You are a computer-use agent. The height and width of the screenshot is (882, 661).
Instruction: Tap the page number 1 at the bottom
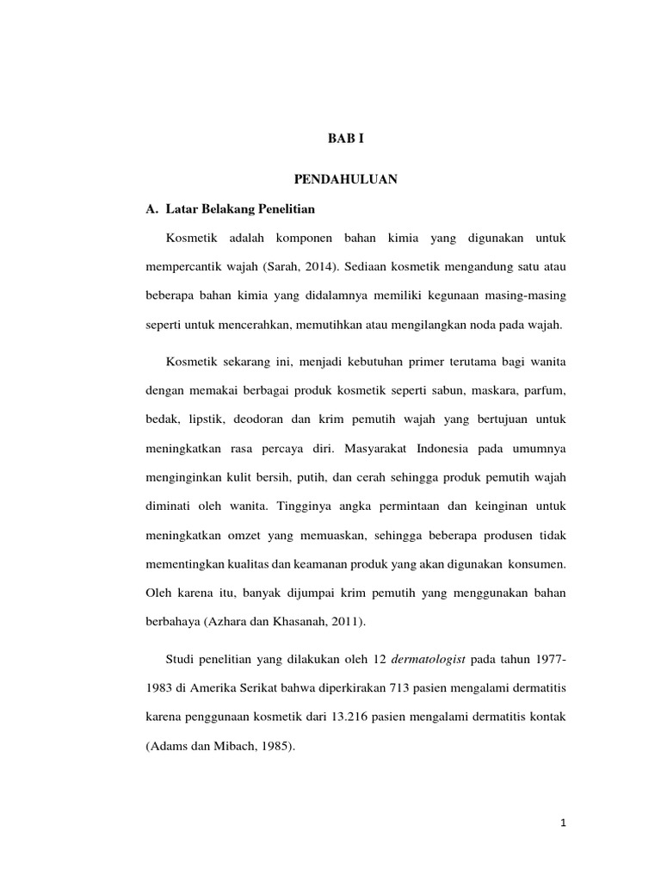[564, 824]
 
